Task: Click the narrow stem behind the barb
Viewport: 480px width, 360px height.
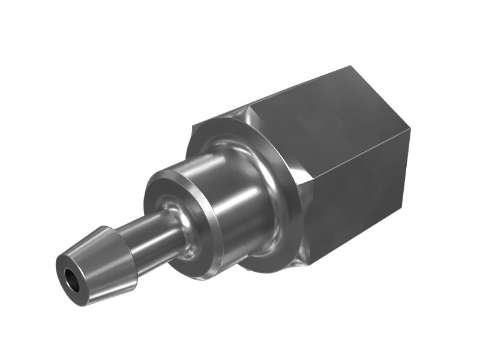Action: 150,231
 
